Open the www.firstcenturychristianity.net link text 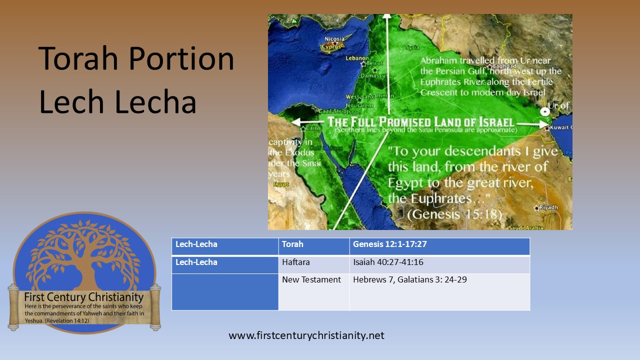click(306, 335)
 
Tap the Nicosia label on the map click(334, 39)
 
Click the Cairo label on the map click(313, 128)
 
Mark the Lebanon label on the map click(357, 57)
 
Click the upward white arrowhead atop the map click(387, 17)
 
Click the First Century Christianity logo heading click(84, 297)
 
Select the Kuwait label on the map click(560, 127)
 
